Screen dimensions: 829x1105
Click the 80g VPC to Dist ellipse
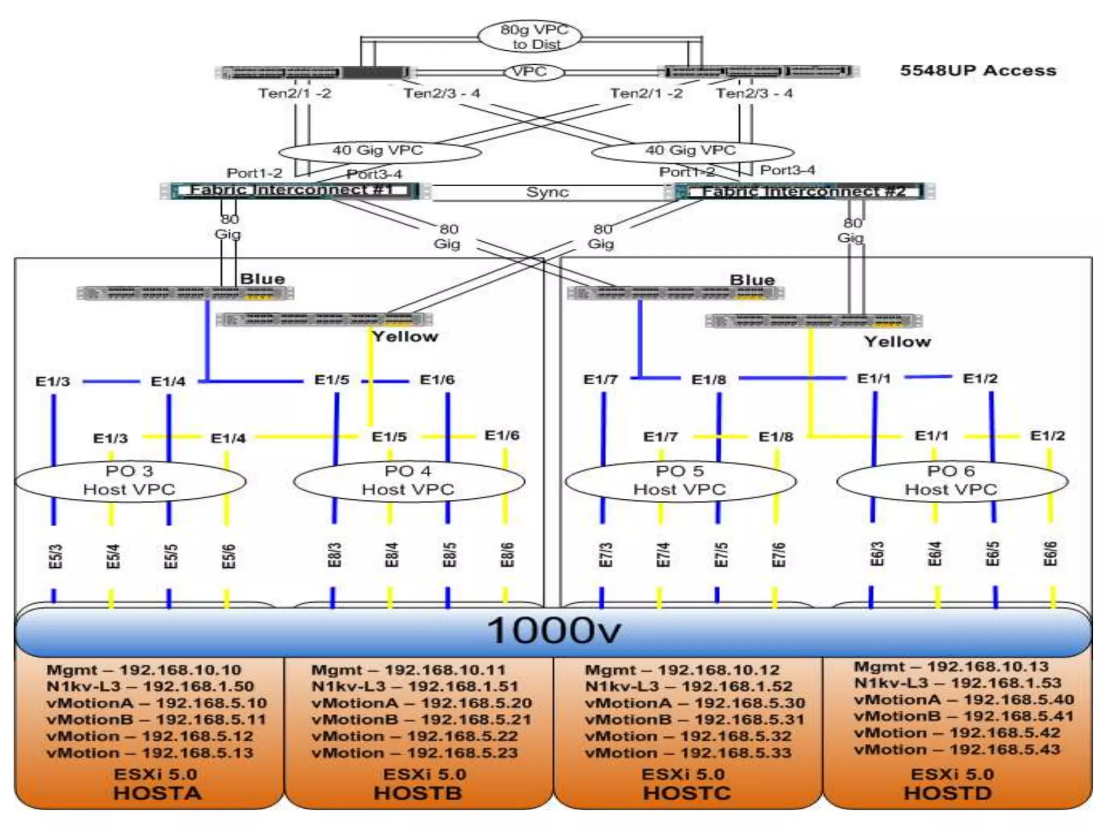[x=530, y=37]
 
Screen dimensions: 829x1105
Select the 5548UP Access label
[x=978, y=71]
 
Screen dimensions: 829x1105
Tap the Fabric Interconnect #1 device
[x=295, y=191]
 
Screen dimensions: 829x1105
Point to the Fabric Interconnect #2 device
[x=804, y=192]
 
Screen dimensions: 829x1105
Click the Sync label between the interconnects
[x=547, y=193]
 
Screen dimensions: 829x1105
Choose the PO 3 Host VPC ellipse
[x=129, y=480]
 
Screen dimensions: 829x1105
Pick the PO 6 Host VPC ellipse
[x=951, y=480]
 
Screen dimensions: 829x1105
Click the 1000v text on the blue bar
[x=554, y=630]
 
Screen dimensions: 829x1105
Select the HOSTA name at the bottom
[x=157, y=793]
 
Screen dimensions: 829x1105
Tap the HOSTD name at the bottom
[x=948, y=793]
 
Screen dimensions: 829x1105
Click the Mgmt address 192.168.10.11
[x=445, y=670]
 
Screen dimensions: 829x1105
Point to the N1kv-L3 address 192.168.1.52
[x=737, y=687]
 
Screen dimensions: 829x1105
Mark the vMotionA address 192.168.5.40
[x=1019, y=700]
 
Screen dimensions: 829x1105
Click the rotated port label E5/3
[x=56, y=556]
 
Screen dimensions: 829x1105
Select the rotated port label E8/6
[x=507, y=555]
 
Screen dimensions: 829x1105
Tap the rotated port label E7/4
[x=663, y=555]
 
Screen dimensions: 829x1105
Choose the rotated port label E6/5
[x=993, y=554]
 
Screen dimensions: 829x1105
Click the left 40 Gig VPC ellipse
[x=379, y=151]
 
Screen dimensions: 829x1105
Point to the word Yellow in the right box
[x=897, y=342]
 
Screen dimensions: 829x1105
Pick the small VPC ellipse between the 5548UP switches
[x=529, y=72]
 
